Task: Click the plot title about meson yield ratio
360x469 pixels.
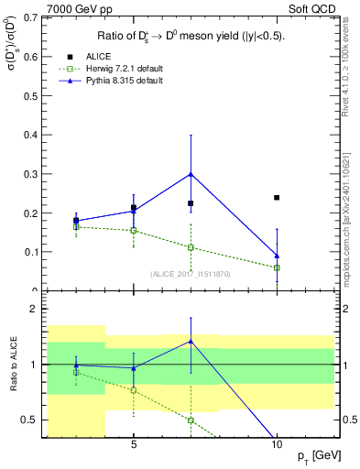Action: [191, 37]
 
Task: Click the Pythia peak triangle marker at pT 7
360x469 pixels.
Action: [191, 173]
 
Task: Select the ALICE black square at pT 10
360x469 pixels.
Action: [277, 197]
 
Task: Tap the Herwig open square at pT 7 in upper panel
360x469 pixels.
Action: [191, 247]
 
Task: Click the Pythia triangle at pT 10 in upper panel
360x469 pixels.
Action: [277, 256]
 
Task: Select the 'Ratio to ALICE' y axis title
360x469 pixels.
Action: [12, 365]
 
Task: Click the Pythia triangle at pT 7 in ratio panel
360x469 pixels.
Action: [191, 341]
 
